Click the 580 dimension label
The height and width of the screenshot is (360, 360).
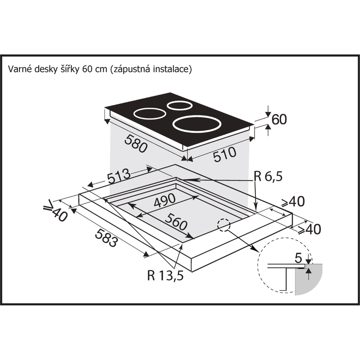[136, 144]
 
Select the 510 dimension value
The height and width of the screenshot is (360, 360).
[225, 154]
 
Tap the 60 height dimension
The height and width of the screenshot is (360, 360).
[279, 119]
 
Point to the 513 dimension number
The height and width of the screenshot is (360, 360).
[119, 177]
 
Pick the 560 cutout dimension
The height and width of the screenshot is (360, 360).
[176, 222]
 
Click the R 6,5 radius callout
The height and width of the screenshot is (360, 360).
[268, 177]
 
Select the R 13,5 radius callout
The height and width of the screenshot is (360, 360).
[165, 275]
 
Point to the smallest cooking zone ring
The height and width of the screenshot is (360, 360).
[179, 105]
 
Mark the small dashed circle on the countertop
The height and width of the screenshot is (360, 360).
[224, 225]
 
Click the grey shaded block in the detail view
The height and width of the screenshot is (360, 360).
[309, 279]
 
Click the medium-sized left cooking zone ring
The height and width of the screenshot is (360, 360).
[150, 114]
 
